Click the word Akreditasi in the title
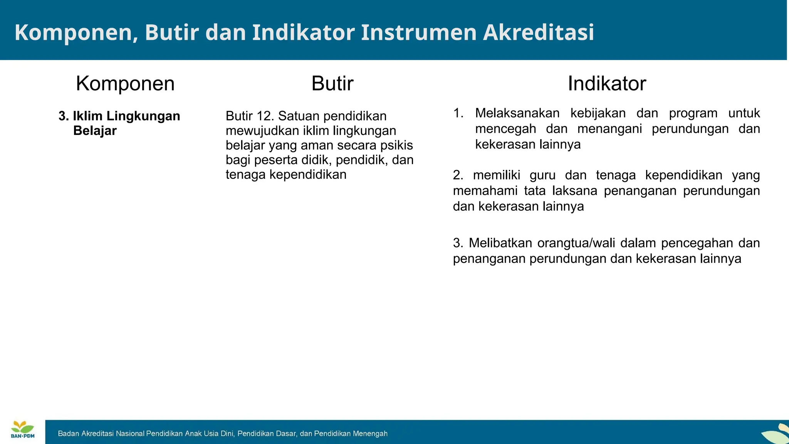point(538,32)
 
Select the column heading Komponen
point(125,83)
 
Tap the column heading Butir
point(332,83)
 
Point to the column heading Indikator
point(606,83)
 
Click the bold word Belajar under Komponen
point(95,131)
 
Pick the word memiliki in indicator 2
point(496,175)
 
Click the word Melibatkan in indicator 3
point(500,243)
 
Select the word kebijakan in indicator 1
point(598,113)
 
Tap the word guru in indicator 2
point(542,175)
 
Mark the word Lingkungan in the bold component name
point(143,116)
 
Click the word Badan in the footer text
point(68,434)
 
